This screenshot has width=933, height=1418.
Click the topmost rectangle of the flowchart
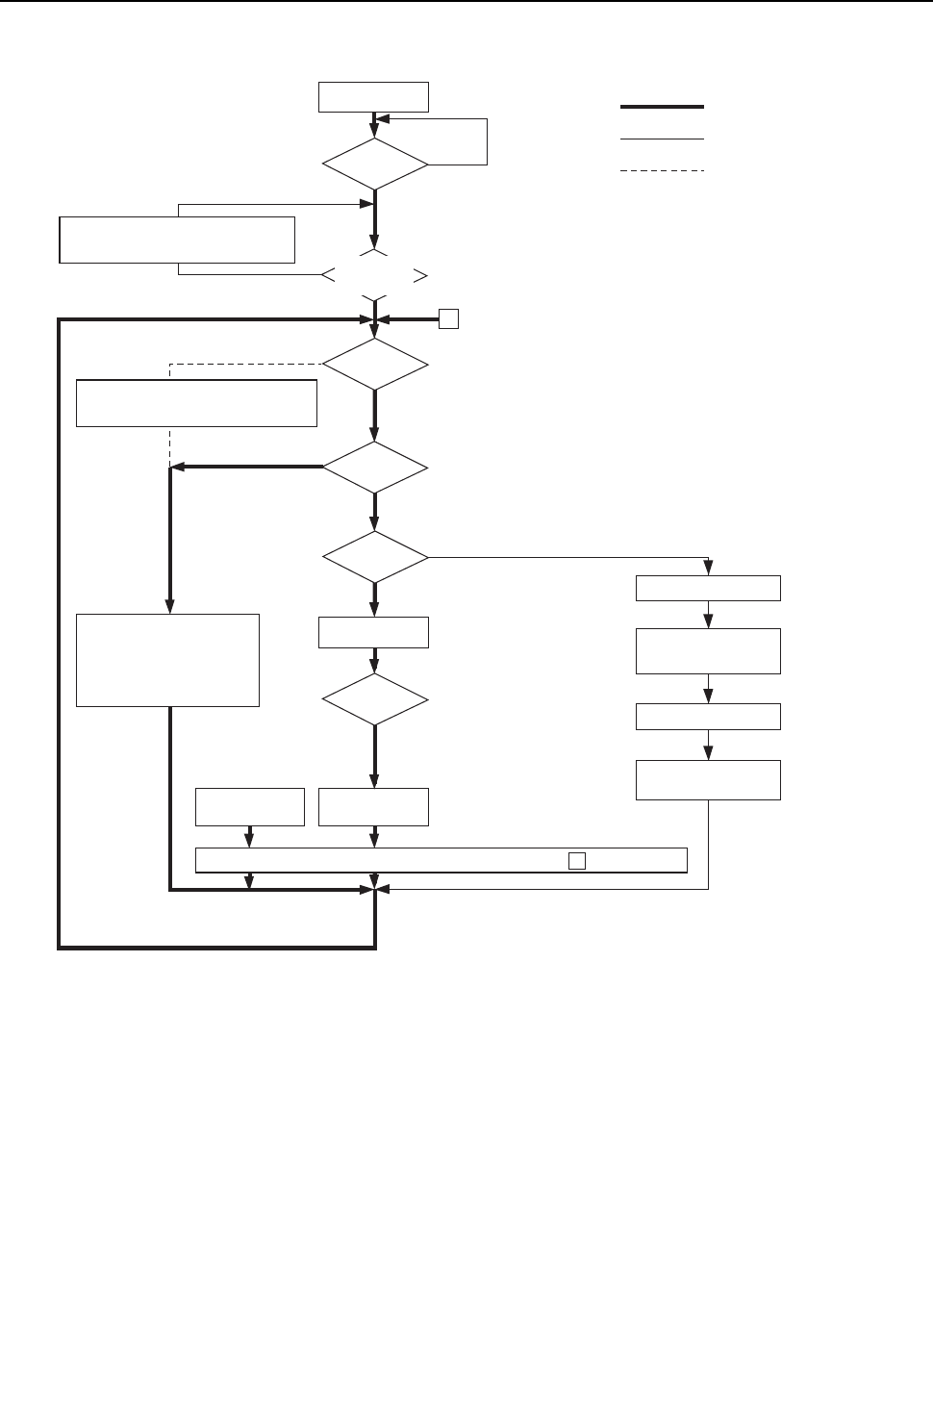(374, 98)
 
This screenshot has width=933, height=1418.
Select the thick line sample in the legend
(662, 107)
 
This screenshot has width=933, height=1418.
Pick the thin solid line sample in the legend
(662, 139)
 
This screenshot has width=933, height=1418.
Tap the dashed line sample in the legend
(662, 171)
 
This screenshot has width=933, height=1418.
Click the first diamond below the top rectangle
(374, 165)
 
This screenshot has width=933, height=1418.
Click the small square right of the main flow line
(448, 319)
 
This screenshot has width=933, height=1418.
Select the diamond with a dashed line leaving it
(374, 365)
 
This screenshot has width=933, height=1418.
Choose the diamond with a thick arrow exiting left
(374, 468)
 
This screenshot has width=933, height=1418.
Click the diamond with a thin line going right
(374, 557)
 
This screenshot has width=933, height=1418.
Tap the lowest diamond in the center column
(374, 699)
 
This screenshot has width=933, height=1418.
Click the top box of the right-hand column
(708, 589)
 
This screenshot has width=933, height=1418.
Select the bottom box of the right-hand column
(708, 780)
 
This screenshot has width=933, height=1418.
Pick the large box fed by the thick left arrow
(167, 660)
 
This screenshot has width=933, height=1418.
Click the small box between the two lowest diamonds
(374, 633)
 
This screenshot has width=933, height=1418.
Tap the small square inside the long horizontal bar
(576, 861)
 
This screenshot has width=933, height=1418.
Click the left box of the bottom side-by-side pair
(250, 807)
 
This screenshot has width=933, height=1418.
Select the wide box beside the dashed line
(196, 403)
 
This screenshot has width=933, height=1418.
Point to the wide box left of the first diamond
(176, 240)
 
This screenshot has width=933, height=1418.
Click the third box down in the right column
(708, 717)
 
